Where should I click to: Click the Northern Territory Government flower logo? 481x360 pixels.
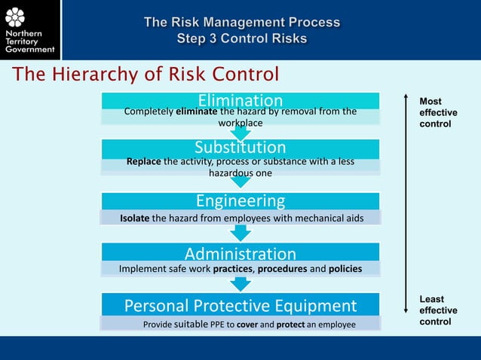[15, 17]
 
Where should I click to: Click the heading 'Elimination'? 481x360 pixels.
[240, 100]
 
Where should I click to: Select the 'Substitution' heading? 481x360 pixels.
[240, 147]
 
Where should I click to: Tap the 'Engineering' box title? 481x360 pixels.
[240, 200]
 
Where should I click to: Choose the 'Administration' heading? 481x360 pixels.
[240, 254]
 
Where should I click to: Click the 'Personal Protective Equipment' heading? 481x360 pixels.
[240, 305]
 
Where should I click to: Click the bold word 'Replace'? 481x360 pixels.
[144, 161]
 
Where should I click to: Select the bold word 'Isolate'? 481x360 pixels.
[135, 218]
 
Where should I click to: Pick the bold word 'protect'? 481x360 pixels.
[290, 324]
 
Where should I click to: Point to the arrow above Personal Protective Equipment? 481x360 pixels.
[240, 284]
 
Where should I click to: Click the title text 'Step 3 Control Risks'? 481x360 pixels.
[241, 38]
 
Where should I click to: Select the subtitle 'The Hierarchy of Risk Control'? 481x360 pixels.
[146, 74]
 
